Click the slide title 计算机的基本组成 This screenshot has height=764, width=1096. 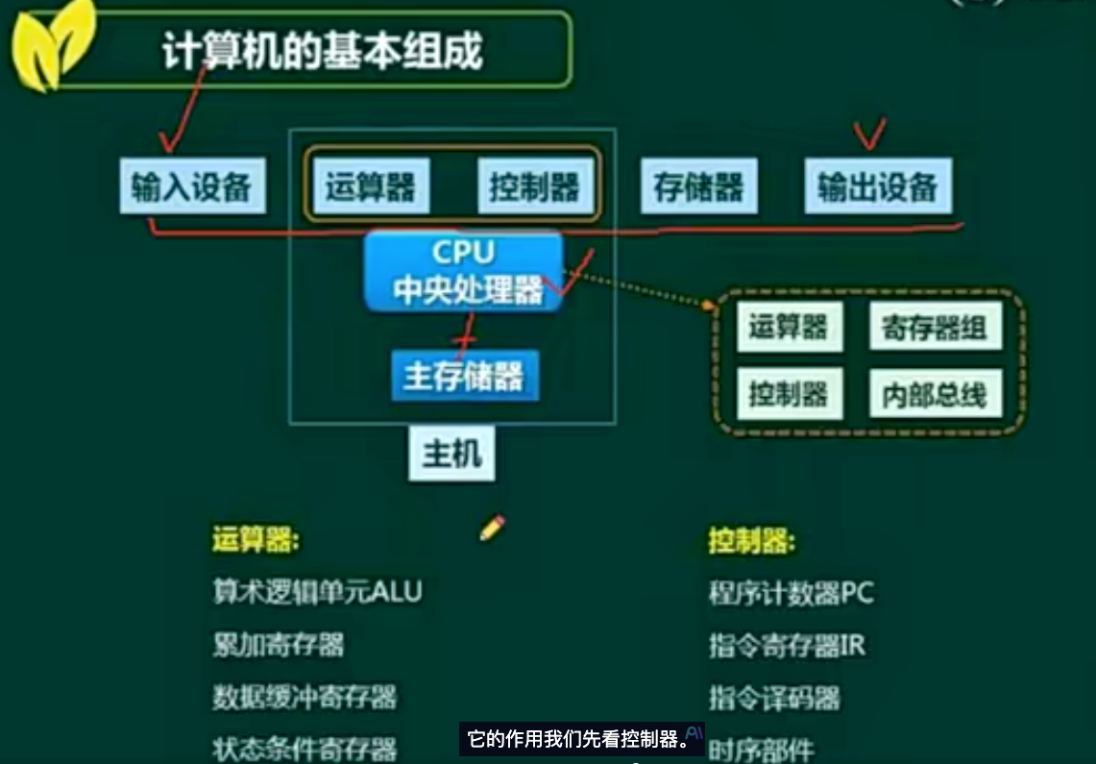click(322, 50)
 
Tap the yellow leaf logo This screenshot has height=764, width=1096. click(53, 46)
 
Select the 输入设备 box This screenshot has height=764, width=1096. click(192, 185)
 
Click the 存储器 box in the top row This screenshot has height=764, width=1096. click(699, 185)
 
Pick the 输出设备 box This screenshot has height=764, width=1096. click(878, 185)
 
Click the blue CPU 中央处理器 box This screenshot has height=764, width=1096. click(463, 271)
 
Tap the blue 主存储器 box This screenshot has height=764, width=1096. click(465, 376)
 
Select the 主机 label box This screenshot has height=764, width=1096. click(451, 454)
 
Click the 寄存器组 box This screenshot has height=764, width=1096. click(936, 326)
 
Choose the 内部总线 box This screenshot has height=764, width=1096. click(936, 394)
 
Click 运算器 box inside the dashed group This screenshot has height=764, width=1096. click(790, 326)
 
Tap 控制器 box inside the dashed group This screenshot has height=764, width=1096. click(790, 394)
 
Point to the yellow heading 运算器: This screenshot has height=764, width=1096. click(256, 540)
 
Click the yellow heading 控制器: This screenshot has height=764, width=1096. click(752, 540)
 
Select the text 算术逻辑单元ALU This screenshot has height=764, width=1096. click(317, 591)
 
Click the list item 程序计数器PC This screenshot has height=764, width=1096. click(792, 593)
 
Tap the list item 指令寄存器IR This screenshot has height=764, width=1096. click(787, 645)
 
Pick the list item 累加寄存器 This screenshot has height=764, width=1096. click(279, 645)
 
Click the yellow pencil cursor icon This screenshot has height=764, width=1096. click(492, 529)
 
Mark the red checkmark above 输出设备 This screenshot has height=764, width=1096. click(869, 135)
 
